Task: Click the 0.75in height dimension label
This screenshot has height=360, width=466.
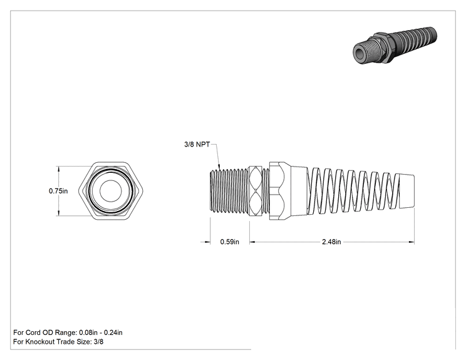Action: click(x=58, y=191)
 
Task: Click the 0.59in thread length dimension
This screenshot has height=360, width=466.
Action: click(x=229, y=242)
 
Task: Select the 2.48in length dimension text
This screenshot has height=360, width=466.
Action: click(x=331, y=242)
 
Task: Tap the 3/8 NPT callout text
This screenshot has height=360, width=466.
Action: click(x=197, y=145)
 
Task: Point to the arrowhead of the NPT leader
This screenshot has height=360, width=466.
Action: click(x=219, y=168)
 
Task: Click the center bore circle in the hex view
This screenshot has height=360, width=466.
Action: click(x=111, y=191)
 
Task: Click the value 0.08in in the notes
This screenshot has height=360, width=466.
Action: click(x=88, y=332)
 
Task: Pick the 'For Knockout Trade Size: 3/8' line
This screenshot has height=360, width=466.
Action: click(x=58, y=342)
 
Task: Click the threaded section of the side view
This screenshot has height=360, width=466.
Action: click(x=229, y=191)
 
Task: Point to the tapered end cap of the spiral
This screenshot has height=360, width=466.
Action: click(x=406, y=191)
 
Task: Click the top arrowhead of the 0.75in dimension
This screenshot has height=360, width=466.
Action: click(x=58, y=168)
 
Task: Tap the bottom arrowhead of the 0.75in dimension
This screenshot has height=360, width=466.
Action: click(x=58, y=213)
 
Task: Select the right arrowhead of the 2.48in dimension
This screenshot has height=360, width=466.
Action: click(x=412, y=242)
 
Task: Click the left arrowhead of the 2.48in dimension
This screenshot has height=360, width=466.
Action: click(x=252, y=242)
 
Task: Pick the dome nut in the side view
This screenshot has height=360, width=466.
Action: click(x=279, y=191)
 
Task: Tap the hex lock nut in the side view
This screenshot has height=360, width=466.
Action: click(x=255, y=191)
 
